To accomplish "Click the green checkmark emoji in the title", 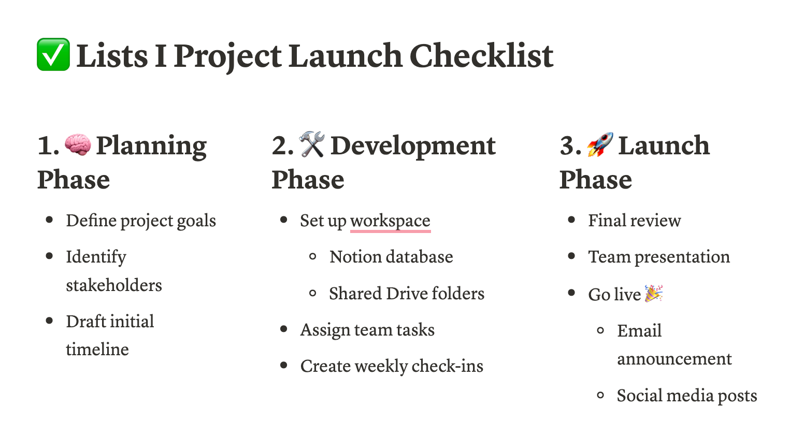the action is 53,54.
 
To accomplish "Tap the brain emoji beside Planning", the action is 78,144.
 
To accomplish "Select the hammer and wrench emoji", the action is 312,144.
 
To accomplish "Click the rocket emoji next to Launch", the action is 600,144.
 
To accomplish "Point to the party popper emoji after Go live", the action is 654,294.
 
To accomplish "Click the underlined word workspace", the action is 390,221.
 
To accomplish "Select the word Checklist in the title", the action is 481,55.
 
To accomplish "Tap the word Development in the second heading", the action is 413,147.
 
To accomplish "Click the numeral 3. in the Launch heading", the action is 570,146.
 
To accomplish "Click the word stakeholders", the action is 114,285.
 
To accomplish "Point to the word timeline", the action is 97,349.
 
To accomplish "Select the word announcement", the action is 674,359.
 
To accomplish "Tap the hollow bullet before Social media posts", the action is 600,396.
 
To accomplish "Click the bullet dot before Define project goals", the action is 49,220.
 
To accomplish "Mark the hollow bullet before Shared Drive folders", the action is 312,293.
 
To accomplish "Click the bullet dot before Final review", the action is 571,220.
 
